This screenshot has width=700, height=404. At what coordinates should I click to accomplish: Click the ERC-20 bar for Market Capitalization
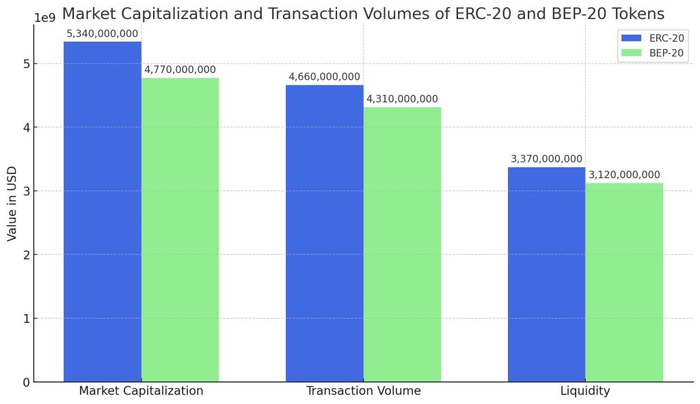(103, 212)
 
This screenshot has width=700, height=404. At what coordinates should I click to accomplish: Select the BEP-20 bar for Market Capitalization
(180, 229)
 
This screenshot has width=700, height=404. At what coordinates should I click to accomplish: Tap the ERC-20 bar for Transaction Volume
(324, 233)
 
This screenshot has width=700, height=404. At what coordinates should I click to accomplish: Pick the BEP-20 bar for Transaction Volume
(402, 244)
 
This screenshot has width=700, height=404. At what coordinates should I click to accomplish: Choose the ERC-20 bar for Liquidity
(546, 274)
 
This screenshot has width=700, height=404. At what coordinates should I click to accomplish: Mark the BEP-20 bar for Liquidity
(624, 282)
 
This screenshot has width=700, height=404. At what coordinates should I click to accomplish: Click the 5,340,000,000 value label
(103, 33)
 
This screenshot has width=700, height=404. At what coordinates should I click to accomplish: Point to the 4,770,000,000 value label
(180, 70)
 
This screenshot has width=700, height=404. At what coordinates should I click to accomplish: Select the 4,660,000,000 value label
(324, 76)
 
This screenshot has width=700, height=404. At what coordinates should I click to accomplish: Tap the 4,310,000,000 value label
(402, 99)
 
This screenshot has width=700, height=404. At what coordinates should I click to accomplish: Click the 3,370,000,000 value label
(546, 159)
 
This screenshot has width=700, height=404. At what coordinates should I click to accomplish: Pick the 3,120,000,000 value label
(624, 175)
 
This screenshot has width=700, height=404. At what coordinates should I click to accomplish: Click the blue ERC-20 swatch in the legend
(631, 38)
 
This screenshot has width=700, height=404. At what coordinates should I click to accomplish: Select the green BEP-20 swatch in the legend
(631, 53)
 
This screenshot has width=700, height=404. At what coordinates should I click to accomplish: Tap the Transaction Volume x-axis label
(363, 391)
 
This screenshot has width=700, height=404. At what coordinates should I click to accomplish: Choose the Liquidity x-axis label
(585, 391)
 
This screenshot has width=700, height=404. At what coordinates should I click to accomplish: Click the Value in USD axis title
(12, 203)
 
